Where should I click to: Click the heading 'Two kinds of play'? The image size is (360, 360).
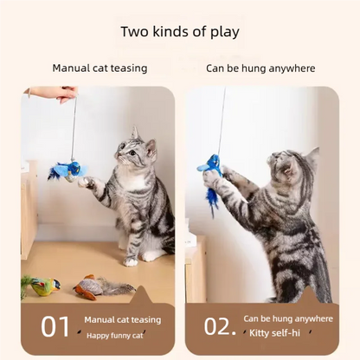point(180,33)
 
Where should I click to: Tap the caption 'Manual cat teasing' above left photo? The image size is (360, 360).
point(100,67)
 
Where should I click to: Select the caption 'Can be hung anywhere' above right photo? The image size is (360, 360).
point(260,67)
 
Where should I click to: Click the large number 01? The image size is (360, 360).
point(55,325)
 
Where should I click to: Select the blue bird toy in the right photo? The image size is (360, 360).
point(211,166)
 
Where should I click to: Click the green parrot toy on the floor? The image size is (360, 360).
point(42,285)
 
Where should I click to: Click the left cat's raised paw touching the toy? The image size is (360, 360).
point(87,182)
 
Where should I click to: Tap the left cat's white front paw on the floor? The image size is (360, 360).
point(130,260)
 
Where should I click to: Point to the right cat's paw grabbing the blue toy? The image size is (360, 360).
point(211,179)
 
